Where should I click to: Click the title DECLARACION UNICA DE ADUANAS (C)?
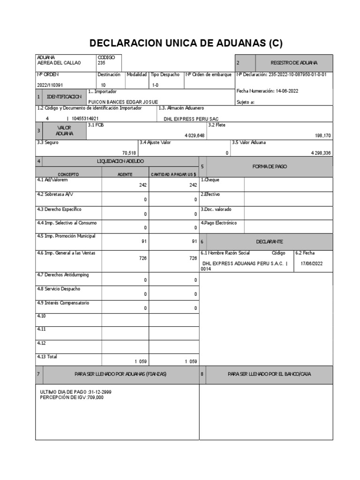[x=186, y=44]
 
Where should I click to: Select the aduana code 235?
[x=102, y=63]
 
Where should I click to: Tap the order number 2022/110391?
[x=49, y=85]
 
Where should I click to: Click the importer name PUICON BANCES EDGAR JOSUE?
[x=123, y=102]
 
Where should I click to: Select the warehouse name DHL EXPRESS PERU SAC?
[x=191, y=119]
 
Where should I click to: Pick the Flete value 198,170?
[x=322, y=135]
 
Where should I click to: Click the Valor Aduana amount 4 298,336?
[x=321, y=153]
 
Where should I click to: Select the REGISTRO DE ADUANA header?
[x=294, y=63]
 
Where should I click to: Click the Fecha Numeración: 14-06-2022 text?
[x=267, y=91]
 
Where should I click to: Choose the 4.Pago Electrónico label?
[x=219, y=223]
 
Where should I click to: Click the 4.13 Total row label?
[x=47, y=356]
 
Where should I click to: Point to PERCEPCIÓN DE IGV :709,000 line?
[x=72, y=397]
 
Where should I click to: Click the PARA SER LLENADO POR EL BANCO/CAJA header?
[x=269, y=374]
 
